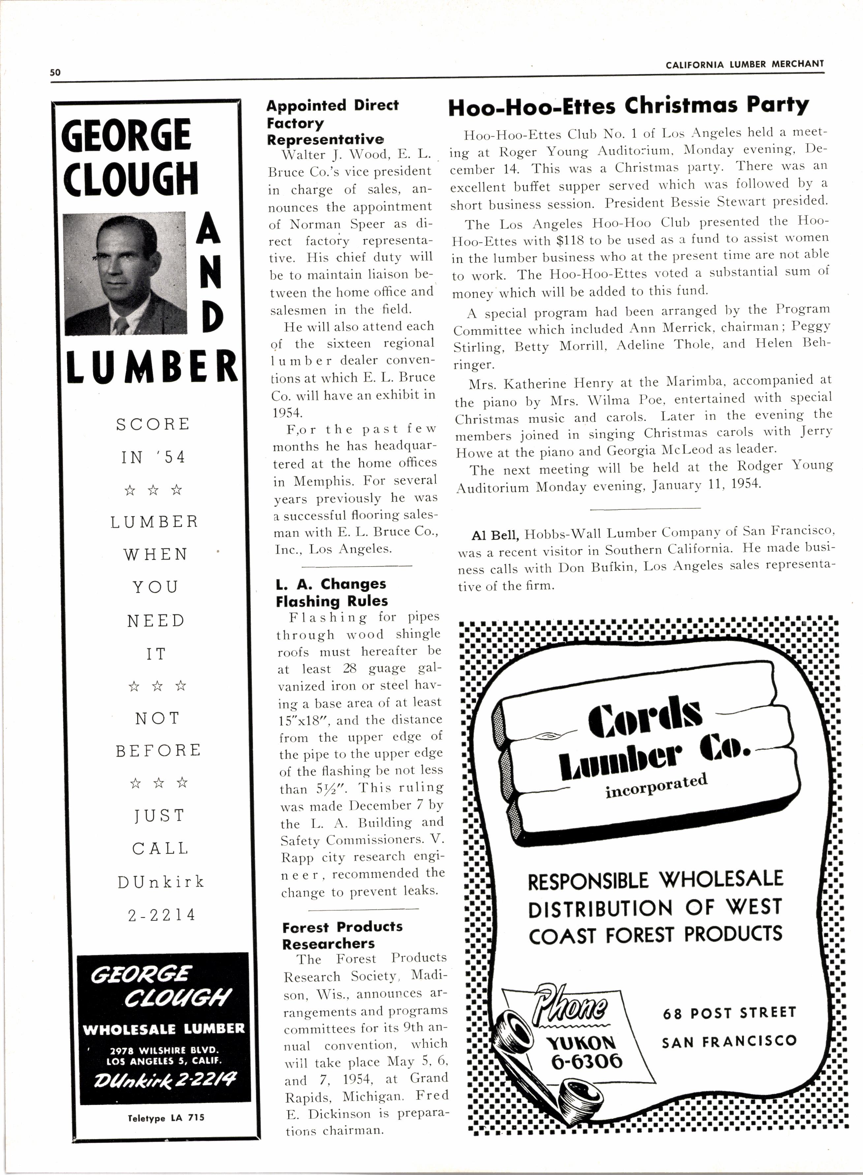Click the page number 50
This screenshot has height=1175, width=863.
click(55, 73)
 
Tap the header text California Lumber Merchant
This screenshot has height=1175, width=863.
click(744, 64)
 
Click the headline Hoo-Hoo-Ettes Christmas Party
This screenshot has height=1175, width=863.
click(629, 106)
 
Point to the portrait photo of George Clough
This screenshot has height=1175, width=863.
click(125, 273)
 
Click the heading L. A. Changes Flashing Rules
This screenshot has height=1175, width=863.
click(332, 592)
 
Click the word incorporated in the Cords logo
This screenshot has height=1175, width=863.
click(656, 786)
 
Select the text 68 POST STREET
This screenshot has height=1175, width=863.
click(729, 1013)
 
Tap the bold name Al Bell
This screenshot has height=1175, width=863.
click(495, 535)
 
